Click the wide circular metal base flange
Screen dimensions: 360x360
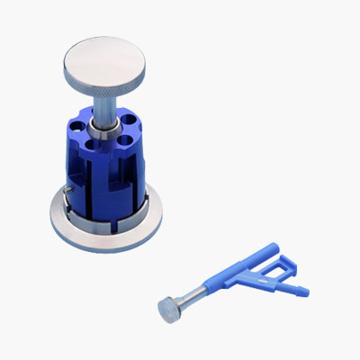[99, 236]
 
